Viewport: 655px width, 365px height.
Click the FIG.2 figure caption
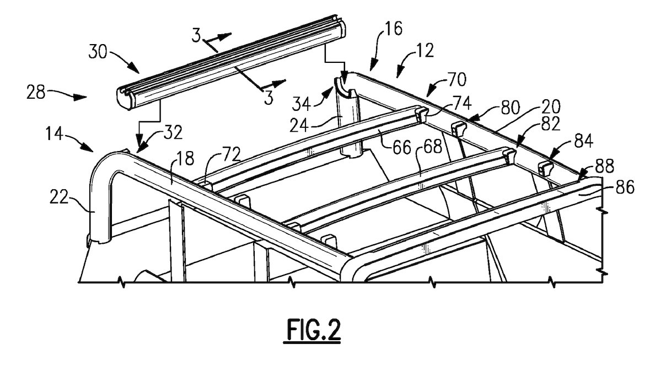pos(313,330)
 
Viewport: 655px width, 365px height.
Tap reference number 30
pos(98,52)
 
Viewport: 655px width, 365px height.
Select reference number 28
pos(36,92)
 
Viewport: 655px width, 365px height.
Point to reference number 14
pos(55,134)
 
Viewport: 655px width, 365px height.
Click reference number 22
pos(59,197)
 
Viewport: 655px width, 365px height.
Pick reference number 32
pos(173,133)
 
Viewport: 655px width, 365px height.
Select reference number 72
pos(231,154)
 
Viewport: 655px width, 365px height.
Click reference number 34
pos(302,104)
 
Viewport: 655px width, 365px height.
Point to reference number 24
pos(299,124)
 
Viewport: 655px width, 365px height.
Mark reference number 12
pos(425,51)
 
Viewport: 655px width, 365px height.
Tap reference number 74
pos(461,103)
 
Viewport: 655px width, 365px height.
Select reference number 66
pos(402,147)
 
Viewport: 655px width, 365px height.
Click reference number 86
pos(625,187)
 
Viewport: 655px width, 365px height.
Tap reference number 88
pos(604,166)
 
